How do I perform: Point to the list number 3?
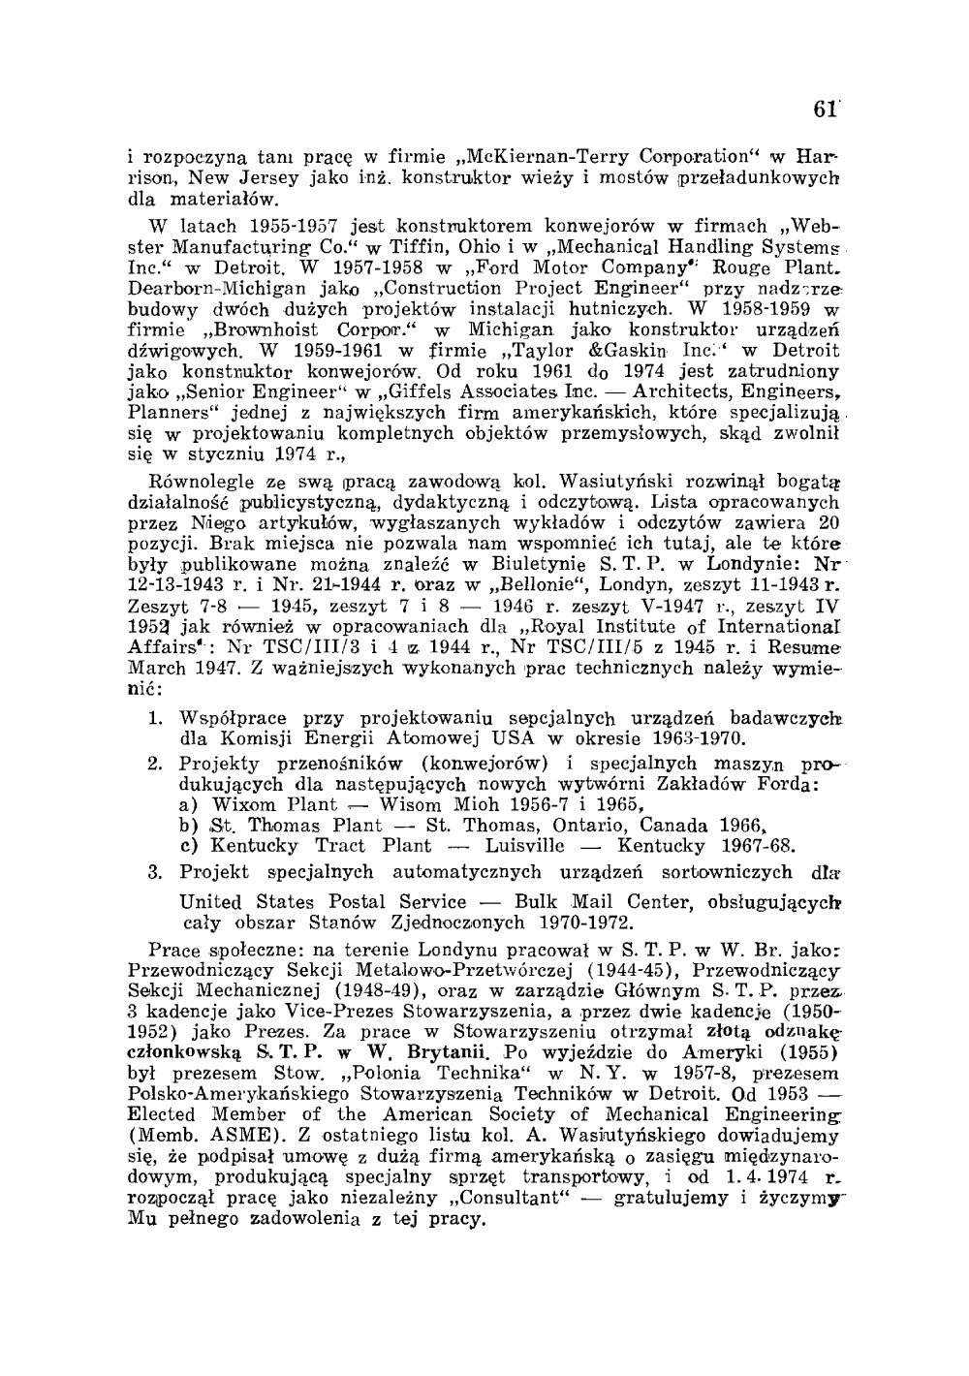(156, 872)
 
